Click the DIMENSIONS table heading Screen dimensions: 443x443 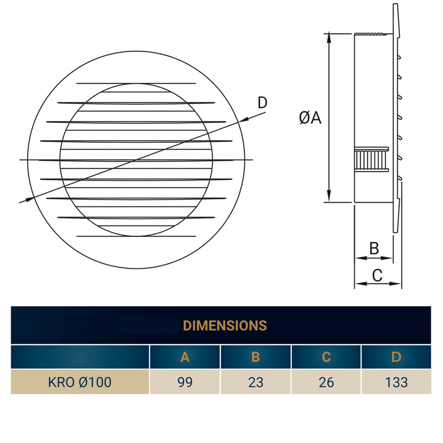click(225, 325)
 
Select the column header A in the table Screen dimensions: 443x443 click(185, 357)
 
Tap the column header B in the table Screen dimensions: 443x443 click(256, 357)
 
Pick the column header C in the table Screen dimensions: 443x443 click(326, 357)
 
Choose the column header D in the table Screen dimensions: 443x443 click(396, 357)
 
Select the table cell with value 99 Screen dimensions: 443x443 click(185, 382)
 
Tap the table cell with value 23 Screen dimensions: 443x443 click(256, 382)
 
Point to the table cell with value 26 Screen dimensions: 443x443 click(326, 382)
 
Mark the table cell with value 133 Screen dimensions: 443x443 click(396, 382)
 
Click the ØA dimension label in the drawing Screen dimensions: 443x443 click(310, 117)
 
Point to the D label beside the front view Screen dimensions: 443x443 click(262, 102)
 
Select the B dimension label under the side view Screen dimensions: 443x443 click(374, 248)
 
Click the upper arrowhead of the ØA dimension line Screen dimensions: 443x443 click(329, 37)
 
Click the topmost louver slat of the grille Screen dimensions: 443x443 click(136, 84)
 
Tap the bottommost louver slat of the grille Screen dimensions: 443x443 click(136, 236)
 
